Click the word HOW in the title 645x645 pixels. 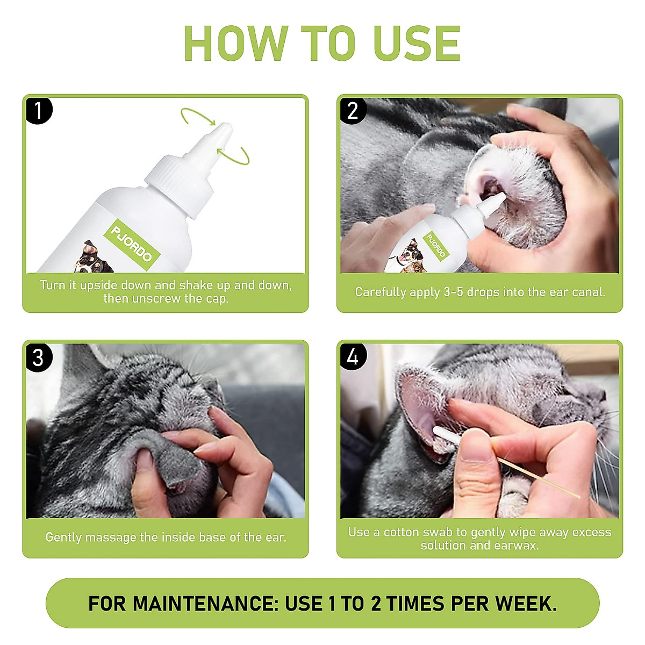point(236,43)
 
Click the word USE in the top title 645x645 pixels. point(417,43)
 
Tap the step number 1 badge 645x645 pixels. point(39,111)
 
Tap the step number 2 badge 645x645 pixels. point(353,111)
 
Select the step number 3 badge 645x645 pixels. point(39,357)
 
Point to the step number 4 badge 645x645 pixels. point(353,357)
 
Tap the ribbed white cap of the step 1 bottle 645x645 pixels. point(180,186)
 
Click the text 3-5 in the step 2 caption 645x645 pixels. point(454,292)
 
